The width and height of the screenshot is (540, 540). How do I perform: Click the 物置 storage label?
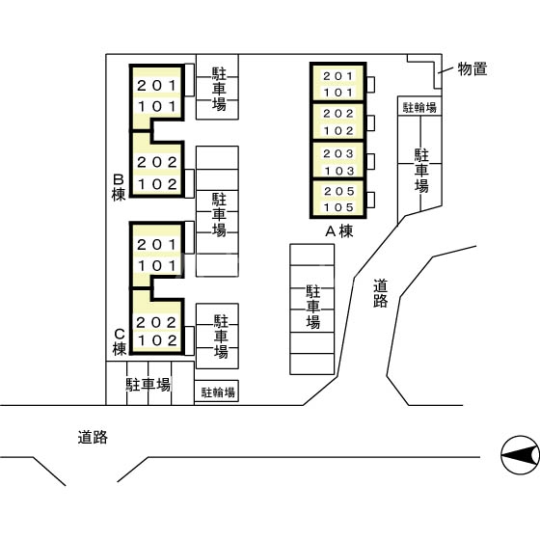coord(472,68)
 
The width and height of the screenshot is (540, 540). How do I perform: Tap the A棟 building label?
coord(338,230)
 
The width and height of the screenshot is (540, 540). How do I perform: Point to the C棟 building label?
coord(119,342)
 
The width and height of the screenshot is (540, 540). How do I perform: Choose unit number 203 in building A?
coord(337,154)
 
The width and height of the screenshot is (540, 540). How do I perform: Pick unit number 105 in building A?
coord(337,207)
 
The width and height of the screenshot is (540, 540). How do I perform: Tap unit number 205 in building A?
coord(337,192)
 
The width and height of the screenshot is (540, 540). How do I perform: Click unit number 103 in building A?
coord(337,170)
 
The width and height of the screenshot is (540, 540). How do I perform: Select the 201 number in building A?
coord(337,76)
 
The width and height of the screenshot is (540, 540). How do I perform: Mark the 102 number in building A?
coord(337,130)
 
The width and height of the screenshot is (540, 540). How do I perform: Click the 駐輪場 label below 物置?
coord(419,107)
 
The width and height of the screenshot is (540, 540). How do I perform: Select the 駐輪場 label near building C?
coord(218,392)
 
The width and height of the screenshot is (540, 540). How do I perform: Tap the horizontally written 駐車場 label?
coord(148,384)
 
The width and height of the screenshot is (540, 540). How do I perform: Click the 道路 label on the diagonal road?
coord(380,293)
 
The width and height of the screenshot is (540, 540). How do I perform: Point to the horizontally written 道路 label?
coord(93,437)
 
